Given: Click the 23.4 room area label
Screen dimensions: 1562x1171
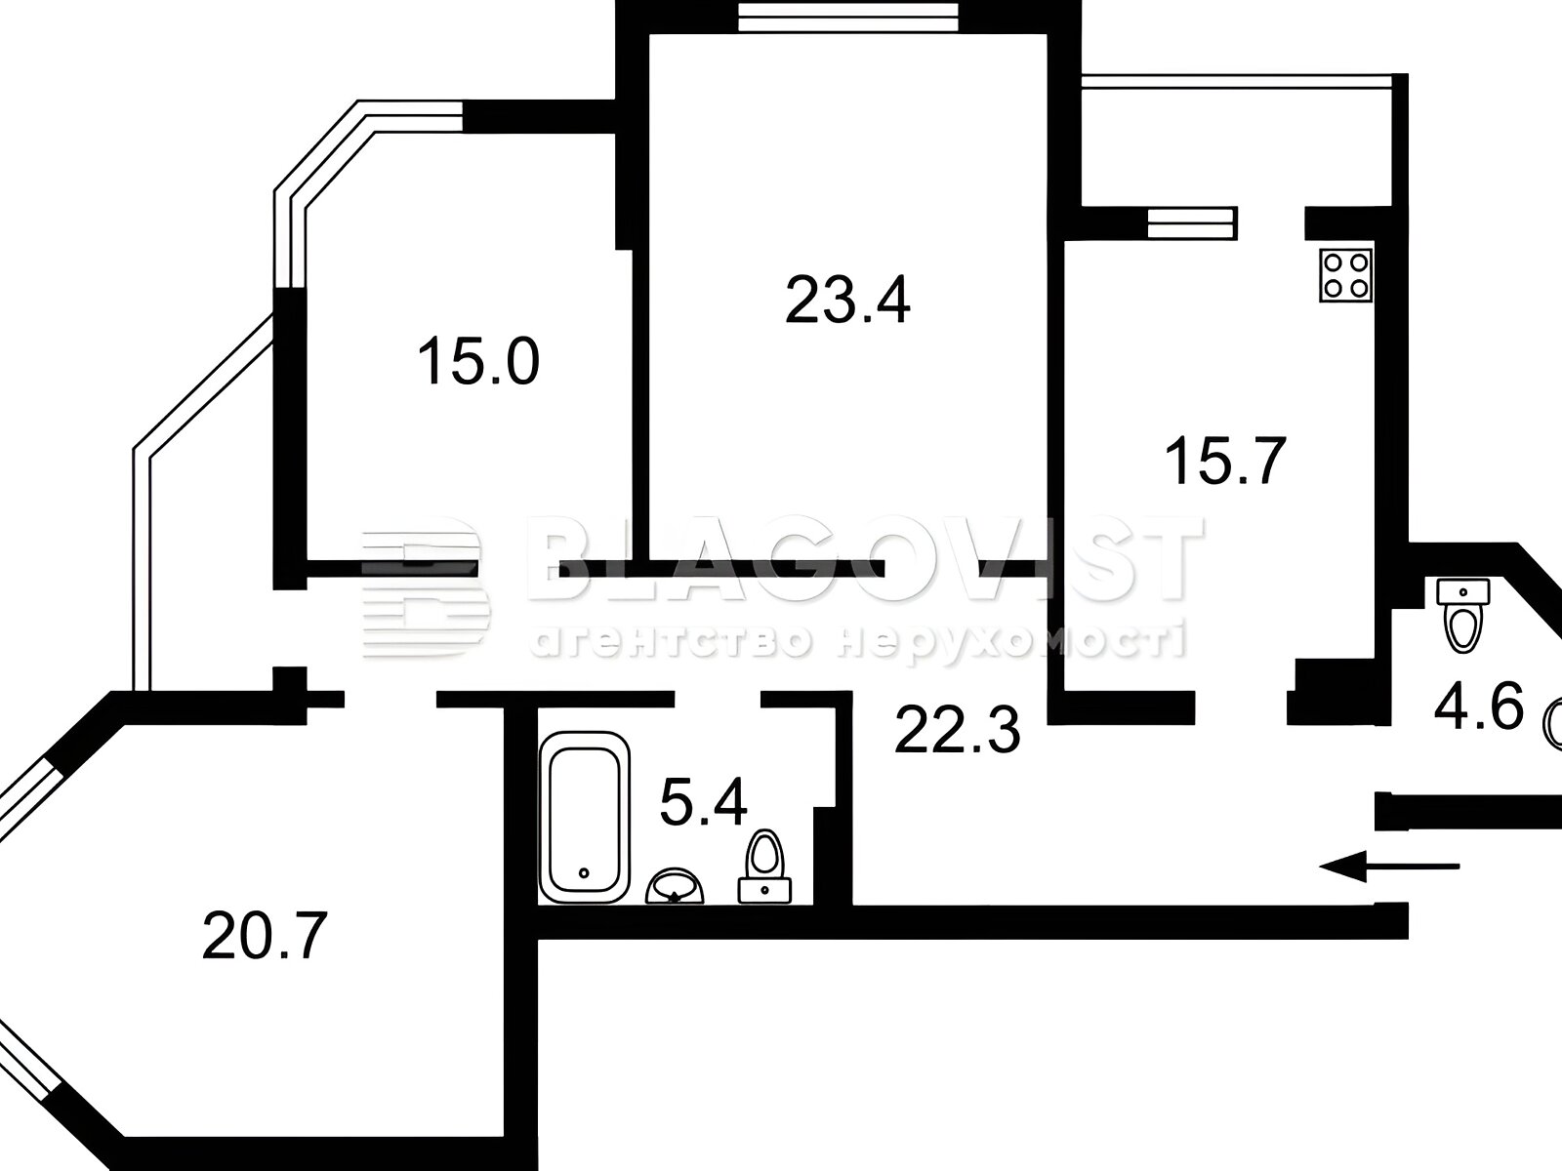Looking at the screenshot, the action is [846, 300].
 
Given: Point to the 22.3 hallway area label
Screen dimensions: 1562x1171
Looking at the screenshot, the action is [957, 729].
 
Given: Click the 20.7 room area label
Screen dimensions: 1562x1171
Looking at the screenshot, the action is [264, 937].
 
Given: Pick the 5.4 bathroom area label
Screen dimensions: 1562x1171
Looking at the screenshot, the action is [703, 801].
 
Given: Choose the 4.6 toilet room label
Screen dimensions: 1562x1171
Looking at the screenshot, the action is [1478, 706].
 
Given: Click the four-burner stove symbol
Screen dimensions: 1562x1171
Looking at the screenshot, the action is [1345, 275].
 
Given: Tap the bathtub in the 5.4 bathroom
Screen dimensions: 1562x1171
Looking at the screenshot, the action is [585, 817].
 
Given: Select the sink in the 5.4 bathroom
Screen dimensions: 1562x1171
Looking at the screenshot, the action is [675, 887].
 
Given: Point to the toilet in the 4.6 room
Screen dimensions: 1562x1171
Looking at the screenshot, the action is [1463, 615].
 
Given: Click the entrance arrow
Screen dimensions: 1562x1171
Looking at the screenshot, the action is [1389, 866].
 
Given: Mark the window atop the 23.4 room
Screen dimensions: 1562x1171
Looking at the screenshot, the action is [847, 17].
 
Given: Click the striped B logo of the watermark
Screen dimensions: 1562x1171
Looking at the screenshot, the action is [425, 586].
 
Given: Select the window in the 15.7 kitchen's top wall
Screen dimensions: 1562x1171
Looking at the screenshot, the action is [1193, 223].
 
